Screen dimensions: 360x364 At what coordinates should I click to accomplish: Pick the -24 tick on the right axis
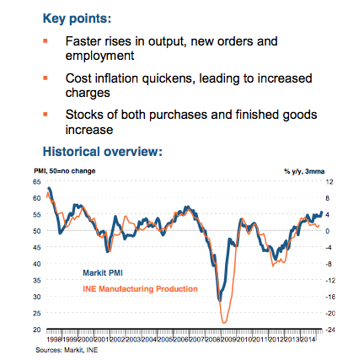329,329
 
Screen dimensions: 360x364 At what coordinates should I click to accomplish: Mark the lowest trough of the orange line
224,321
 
